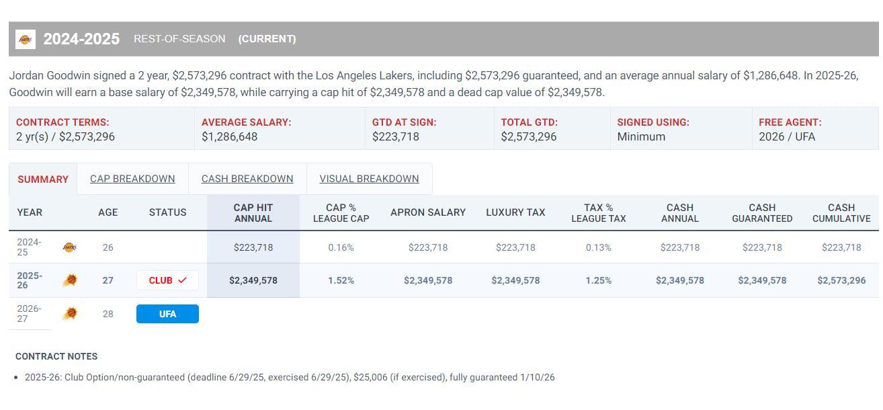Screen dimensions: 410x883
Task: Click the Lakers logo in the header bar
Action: click(26, 39)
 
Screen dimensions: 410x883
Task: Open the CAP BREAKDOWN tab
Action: click(132, 179)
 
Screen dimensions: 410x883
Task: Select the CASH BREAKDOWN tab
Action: click(247, 179)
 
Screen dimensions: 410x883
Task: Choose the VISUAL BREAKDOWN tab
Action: click(369, 179)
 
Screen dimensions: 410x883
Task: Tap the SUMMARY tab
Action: click(43, 179)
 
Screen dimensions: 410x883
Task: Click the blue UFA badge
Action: click(167, 314)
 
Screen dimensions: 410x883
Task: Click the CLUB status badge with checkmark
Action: click(167, 280)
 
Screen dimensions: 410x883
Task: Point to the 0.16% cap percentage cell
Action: click(341, 247)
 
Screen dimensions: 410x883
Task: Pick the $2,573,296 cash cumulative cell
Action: click(841, 280)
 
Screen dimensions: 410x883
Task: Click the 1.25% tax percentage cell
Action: click(598, 280)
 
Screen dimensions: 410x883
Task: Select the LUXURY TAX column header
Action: click(515, 212)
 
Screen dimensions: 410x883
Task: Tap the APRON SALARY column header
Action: click(428, 212)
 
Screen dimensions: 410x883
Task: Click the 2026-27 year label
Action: click(29, 314)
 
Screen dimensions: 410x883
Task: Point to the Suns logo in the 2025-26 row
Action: click(69, 280)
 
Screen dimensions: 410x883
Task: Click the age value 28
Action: click(108, 314)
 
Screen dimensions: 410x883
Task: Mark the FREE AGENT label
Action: click(790, 122)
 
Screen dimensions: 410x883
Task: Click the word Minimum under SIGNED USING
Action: click(641, 136)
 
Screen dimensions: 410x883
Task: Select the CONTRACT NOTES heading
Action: click(56, 356)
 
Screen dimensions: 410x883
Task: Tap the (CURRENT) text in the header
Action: click(267, 39)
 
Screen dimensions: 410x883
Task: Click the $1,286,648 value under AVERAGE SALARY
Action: click(229, 136)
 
